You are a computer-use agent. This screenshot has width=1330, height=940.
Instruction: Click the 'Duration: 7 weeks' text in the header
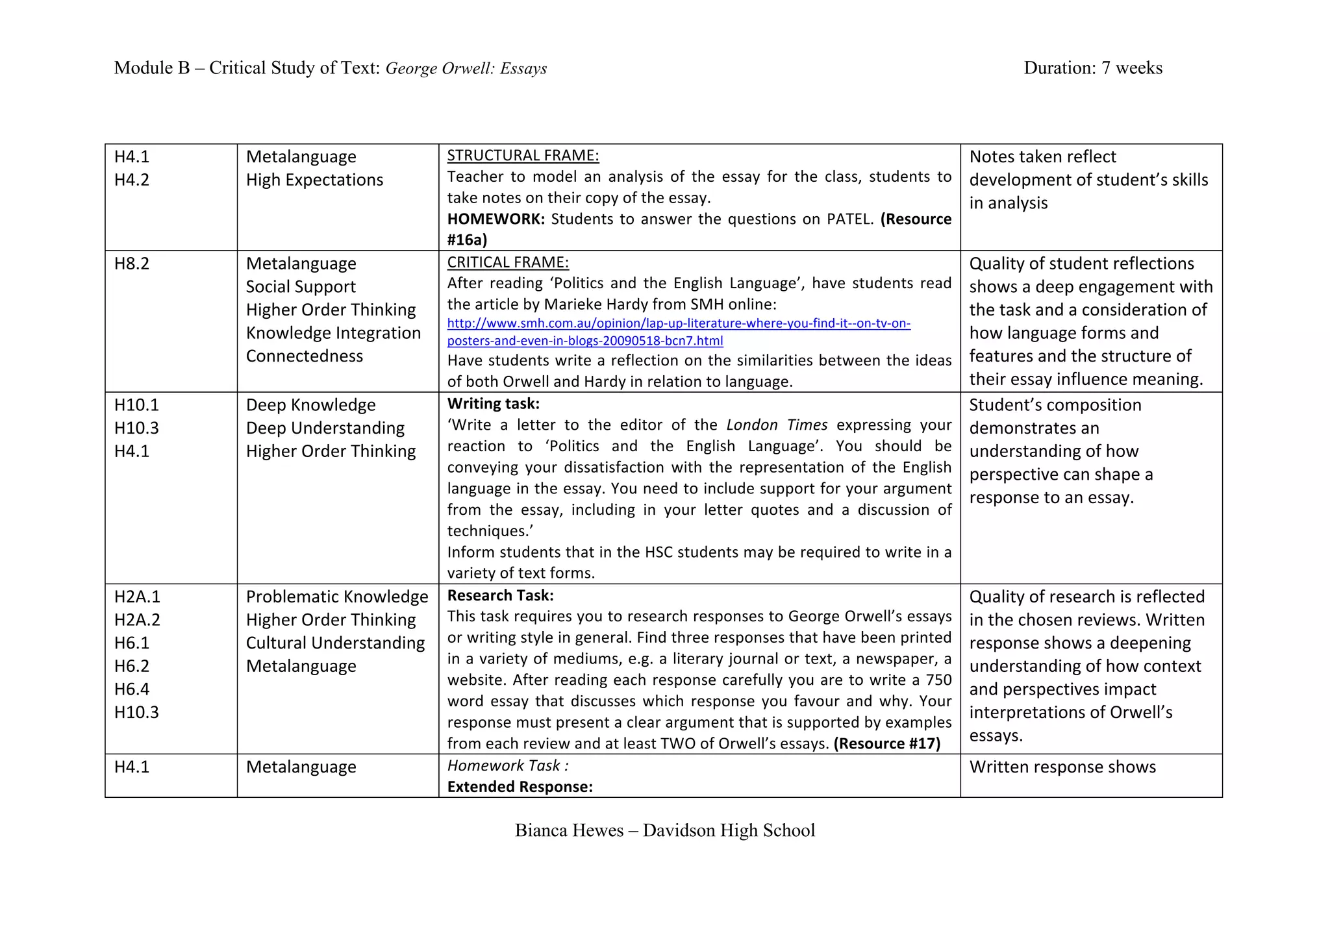tap(1092, 68)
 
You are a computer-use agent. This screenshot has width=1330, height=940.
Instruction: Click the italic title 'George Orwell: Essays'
tap(466, 69)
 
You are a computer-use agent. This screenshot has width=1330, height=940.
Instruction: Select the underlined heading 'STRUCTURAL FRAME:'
tap(523, 156)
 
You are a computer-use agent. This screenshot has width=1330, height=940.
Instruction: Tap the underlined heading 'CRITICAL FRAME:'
tap(508, 262)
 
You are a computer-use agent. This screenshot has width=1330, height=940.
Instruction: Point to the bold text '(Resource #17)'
tap(886, 744)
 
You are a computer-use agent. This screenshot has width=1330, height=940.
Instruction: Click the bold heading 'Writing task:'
tap(493, 404)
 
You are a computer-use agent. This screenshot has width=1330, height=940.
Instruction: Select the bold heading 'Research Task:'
tap(500, 596)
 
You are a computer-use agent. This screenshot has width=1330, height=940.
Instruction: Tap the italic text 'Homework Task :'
tap(507, 766)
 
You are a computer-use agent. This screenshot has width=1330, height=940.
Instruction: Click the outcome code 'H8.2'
tap(132, 264)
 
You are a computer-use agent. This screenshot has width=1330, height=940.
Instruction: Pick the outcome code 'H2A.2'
tap(137, 620)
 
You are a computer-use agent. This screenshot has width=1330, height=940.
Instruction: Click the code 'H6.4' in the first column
tap(132, 689)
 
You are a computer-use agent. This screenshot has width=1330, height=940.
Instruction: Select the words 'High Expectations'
tap(314, 180)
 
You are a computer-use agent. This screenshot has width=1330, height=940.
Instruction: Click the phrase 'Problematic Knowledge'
tap(337, 597)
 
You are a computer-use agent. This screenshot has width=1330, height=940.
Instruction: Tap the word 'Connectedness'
tap(304, 356)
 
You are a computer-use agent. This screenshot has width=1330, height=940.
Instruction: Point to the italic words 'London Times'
tap(777, 425)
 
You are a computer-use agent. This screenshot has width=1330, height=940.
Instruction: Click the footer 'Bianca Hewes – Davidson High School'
tap(664, 831)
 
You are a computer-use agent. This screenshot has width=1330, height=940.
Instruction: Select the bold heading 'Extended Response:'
tap(520, 787)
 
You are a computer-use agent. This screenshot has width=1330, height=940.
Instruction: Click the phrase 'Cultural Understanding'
tap(335, 643)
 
